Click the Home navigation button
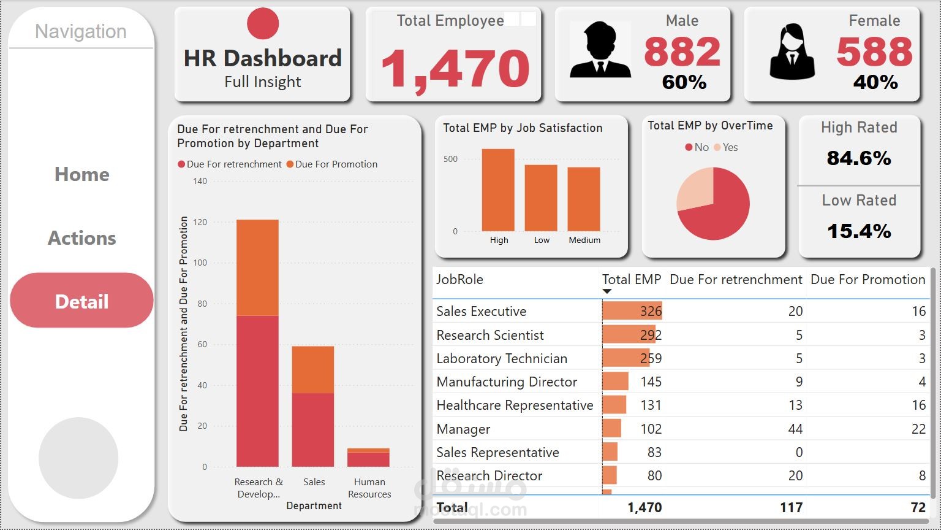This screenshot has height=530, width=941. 81,174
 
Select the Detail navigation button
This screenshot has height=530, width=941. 81,301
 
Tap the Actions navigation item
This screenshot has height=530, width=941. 81,238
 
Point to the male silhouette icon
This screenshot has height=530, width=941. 600,50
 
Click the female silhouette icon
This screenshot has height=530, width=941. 792,52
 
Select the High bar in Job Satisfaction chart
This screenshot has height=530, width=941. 498,190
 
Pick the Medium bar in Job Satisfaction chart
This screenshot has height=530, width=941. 583,199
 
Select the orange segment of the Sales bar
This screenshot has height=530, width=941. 313,370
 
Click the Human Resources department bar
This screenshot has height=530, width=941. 368,458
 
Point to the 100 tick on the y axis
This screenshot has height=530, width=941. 200,263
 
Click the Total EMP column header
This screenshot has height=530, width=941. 631,280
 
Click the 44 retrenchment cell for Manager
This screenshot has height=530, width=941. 795,429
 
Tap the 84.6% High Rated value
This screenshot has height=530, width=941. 859,158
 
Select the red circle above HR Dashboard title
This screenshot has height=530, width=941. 263,23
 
